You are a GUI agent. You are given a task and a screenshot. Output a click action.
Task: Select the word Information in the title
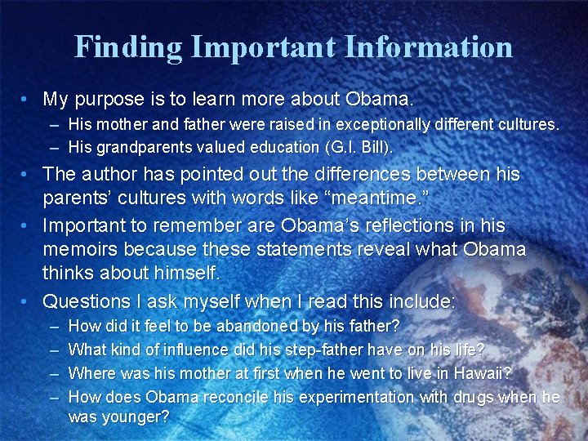click(429, 47)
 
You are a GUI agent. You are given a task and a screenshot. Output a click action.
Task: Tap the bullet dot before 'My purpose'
click(28, 100)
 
